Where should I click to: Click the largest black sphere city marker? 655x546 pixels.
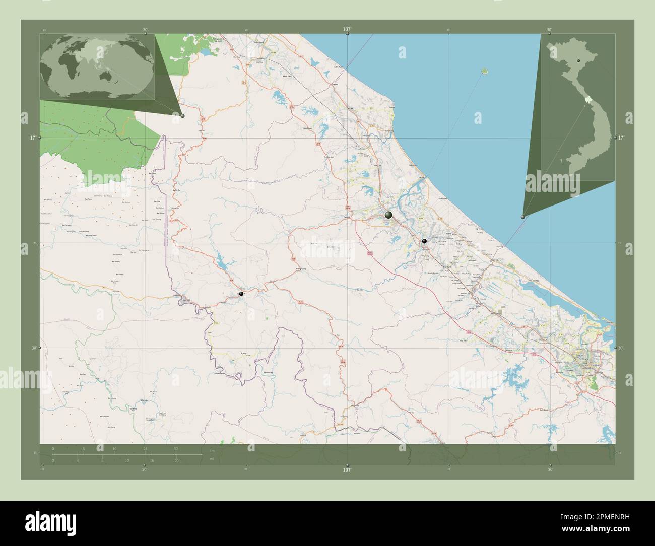pos(388,215)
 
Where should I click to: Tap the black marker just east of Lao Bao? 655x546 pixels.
pos(241,293)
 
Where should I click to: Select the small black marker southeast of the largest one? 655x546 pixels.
pos(424,242)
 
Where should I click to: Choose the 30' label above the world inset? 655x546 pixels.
pos(145,30)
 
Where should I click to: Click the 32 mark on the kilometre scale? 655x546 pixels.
pos(176,448)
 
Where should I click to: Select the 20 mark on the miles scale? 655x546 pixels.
pos(176,460)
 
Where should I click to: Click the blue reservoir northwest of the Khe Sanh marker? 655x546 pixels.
pos(222,262)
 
